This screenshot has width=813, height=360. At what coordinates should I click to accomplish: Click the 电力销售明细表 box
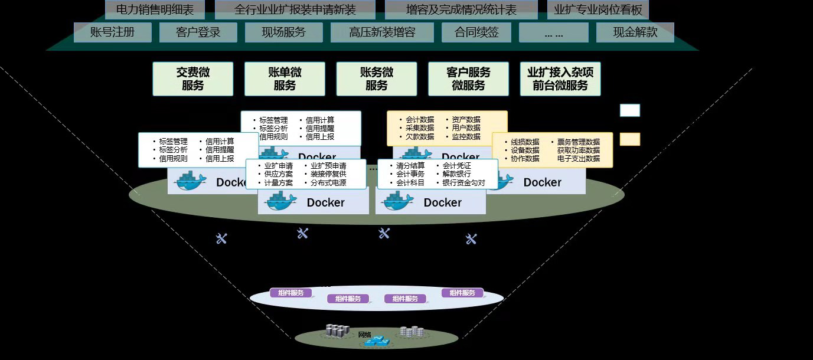pos(155,10)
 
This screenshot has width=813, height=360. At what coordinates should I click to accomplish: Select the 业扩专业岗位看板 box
pos(598,10)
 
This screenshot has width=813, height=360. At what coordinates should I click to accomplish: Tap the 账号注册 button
pos(112,32)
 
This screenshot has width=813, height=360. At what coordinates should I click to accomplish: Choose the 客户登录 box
pos(198,32)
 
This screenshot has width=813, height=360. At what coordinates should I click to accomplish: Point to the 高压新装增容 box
pos(382,32)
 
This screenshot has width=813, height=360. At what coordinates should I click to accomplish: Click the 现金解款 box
pos(635,32)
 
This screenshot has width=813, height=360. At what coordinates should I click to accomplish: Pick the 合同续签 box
pos(477,32)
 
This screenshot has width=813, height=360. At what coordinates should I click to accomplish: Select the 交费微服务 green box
pos(193,79)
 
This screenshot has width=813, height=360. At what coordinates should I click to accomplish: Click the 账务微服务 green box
pos(377,79)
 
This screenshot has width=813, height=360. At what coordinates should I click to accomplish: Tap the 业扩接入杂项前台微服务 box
pos(560,79)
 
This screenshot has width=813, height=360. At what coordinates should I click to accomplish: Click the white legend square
pos(629,110)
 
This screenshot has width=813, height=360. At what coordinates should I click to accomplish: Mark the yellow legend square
pos(629,139)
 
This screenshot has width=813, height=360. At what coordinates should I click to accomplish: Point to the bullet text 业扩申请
pos(279,166)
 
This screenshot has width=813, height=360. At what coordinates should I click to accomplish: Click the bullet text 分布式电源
pos(328,183)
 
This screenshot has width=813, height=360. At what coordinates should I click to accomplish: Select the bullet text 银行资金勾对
pos(463,183)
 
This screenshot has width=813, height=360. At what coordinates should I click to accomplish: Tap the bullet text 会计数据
pos(420,119)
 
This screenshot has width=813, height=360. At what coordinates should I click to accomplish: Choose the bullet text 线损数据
pos(525,142)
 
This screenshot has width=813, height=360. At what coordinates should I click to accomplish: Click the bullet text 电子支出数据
pos(578,159)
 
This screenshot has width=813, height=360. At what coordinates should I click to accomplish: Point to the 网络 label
pos(365,335)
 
